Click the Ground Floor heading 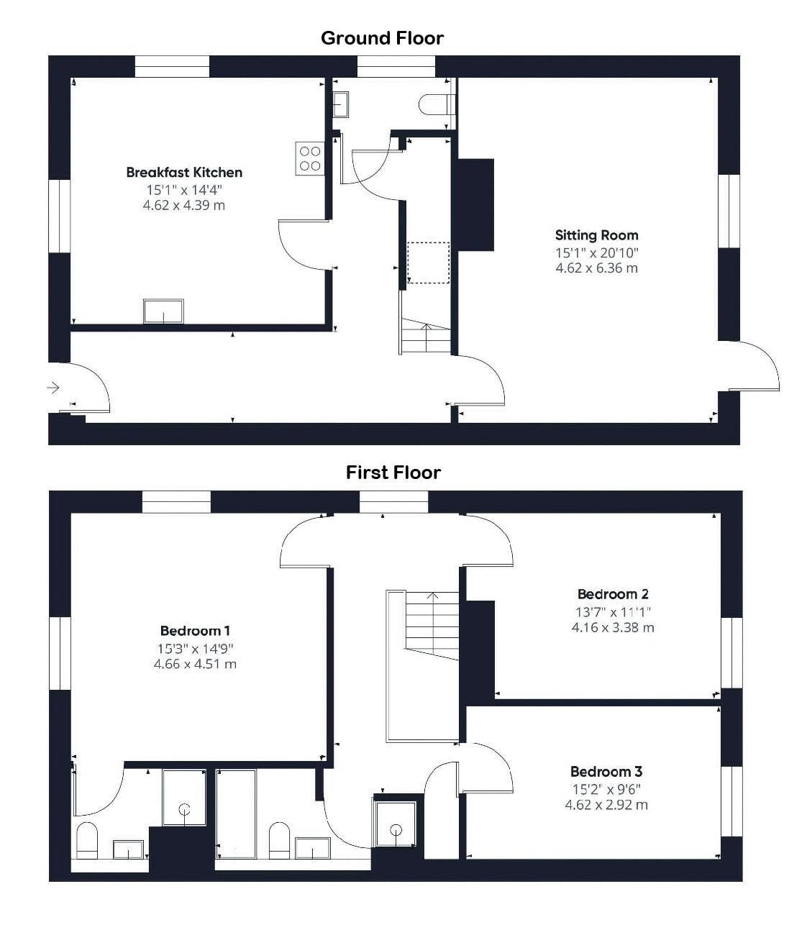point(382,38)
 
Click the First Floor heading point(393,473)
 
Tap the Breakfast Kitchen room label point(184,173)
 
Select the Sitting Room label point(596,235)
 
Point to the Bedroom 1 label point(195,631)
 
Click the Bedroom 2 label point(613,594)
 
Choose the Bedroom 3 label point(606,771)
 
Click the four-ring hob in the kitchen point(310,158)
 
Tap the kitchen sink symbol point(163,311)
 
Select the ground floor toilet point(436,104)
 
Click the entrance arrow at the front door point(53,388)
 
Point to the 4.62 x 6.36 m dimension point(596,268)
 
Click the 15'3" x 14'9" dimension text point(196,649)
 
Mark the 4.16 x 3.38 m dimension point(613,628)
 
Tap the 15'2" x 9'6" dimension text point(606,789)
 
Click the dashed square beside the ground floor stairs point(429,263)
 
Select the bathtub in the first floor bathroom point(237,814)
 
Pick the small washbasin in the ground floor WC point(340,105)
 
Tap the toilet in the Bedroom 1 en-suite point(87,840)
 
